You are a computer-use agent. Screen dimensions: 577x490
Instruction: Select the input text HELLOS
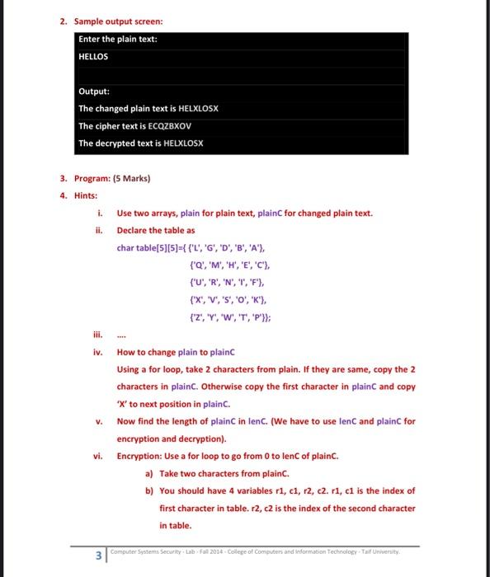[x=93, y=57]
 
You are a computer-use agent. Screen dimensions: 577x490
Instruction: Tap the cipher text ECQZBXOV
[x=168, y=126]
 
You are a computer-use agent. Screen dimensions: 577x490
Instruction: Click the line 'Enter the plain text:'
[x=118, y=40]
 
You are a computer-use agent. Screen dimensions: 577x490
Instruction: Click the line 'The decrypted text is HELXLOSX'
[x=140, y=143]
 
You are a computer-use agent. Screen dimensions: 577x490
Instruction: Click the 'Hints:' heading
[x=86, y=195]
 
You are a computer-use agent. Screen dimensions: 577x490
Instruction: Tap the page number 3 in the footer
[x=98, y=555]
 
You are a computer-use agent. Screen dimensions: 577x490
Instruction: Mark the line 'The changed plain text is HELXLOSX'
[x=148, y=109]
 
